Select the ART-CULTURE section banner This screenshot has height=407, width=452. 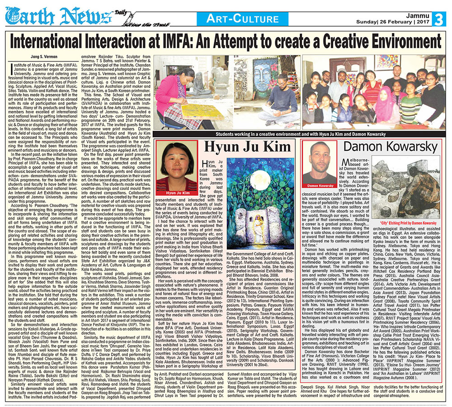[x=242, y=19]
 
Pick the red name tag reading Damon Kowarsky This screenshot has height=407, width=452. [x=320, y=186]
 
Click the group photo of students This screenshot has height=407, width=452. [x=374, y=93]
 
